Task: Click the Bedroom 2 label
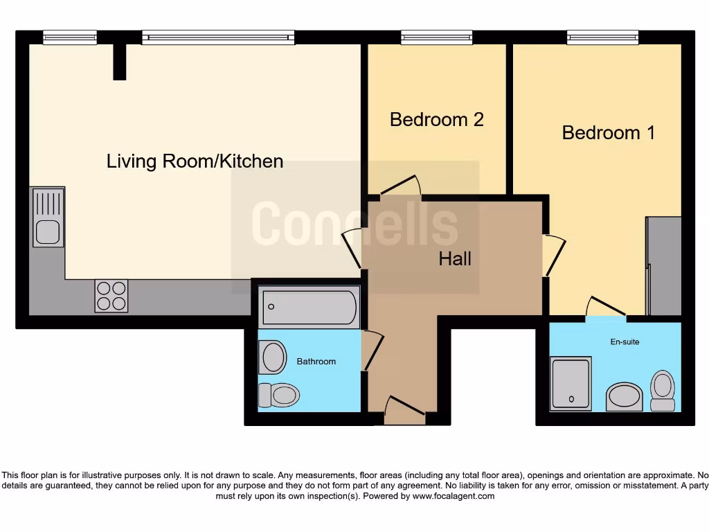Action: click(x=436, y=120)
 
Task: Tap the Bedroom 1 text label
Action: click(x=608, y=133)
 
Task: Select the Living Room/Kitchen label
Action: click(x=195, y=161)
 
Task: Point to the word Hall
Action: click(x=455, y=259)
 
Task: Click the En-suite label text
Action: click(x=625, y=342)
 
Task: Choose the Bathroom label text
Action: click(x=316, y=362)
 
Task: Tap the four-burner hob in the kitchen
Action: click(x=111, y=296)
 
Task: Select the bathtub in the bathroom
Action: click(x=309, y=307)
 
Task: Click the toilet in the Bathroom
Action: click(x=279, y=396)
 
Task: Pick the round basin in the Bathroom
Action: click(x=273, y=357)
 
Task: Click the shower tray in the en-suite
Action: click(x=571, y=383)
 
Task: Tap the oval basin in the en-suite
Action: click(x=624, y=398)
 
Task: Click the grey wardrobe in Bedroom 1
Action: click(x=664, y=266)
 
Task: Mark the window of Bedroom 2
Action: click(x=436, y=37)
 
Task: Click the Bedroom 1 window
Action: click(x=602, y=37)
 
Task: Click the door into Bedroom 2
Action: click(x=401, y=186)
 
